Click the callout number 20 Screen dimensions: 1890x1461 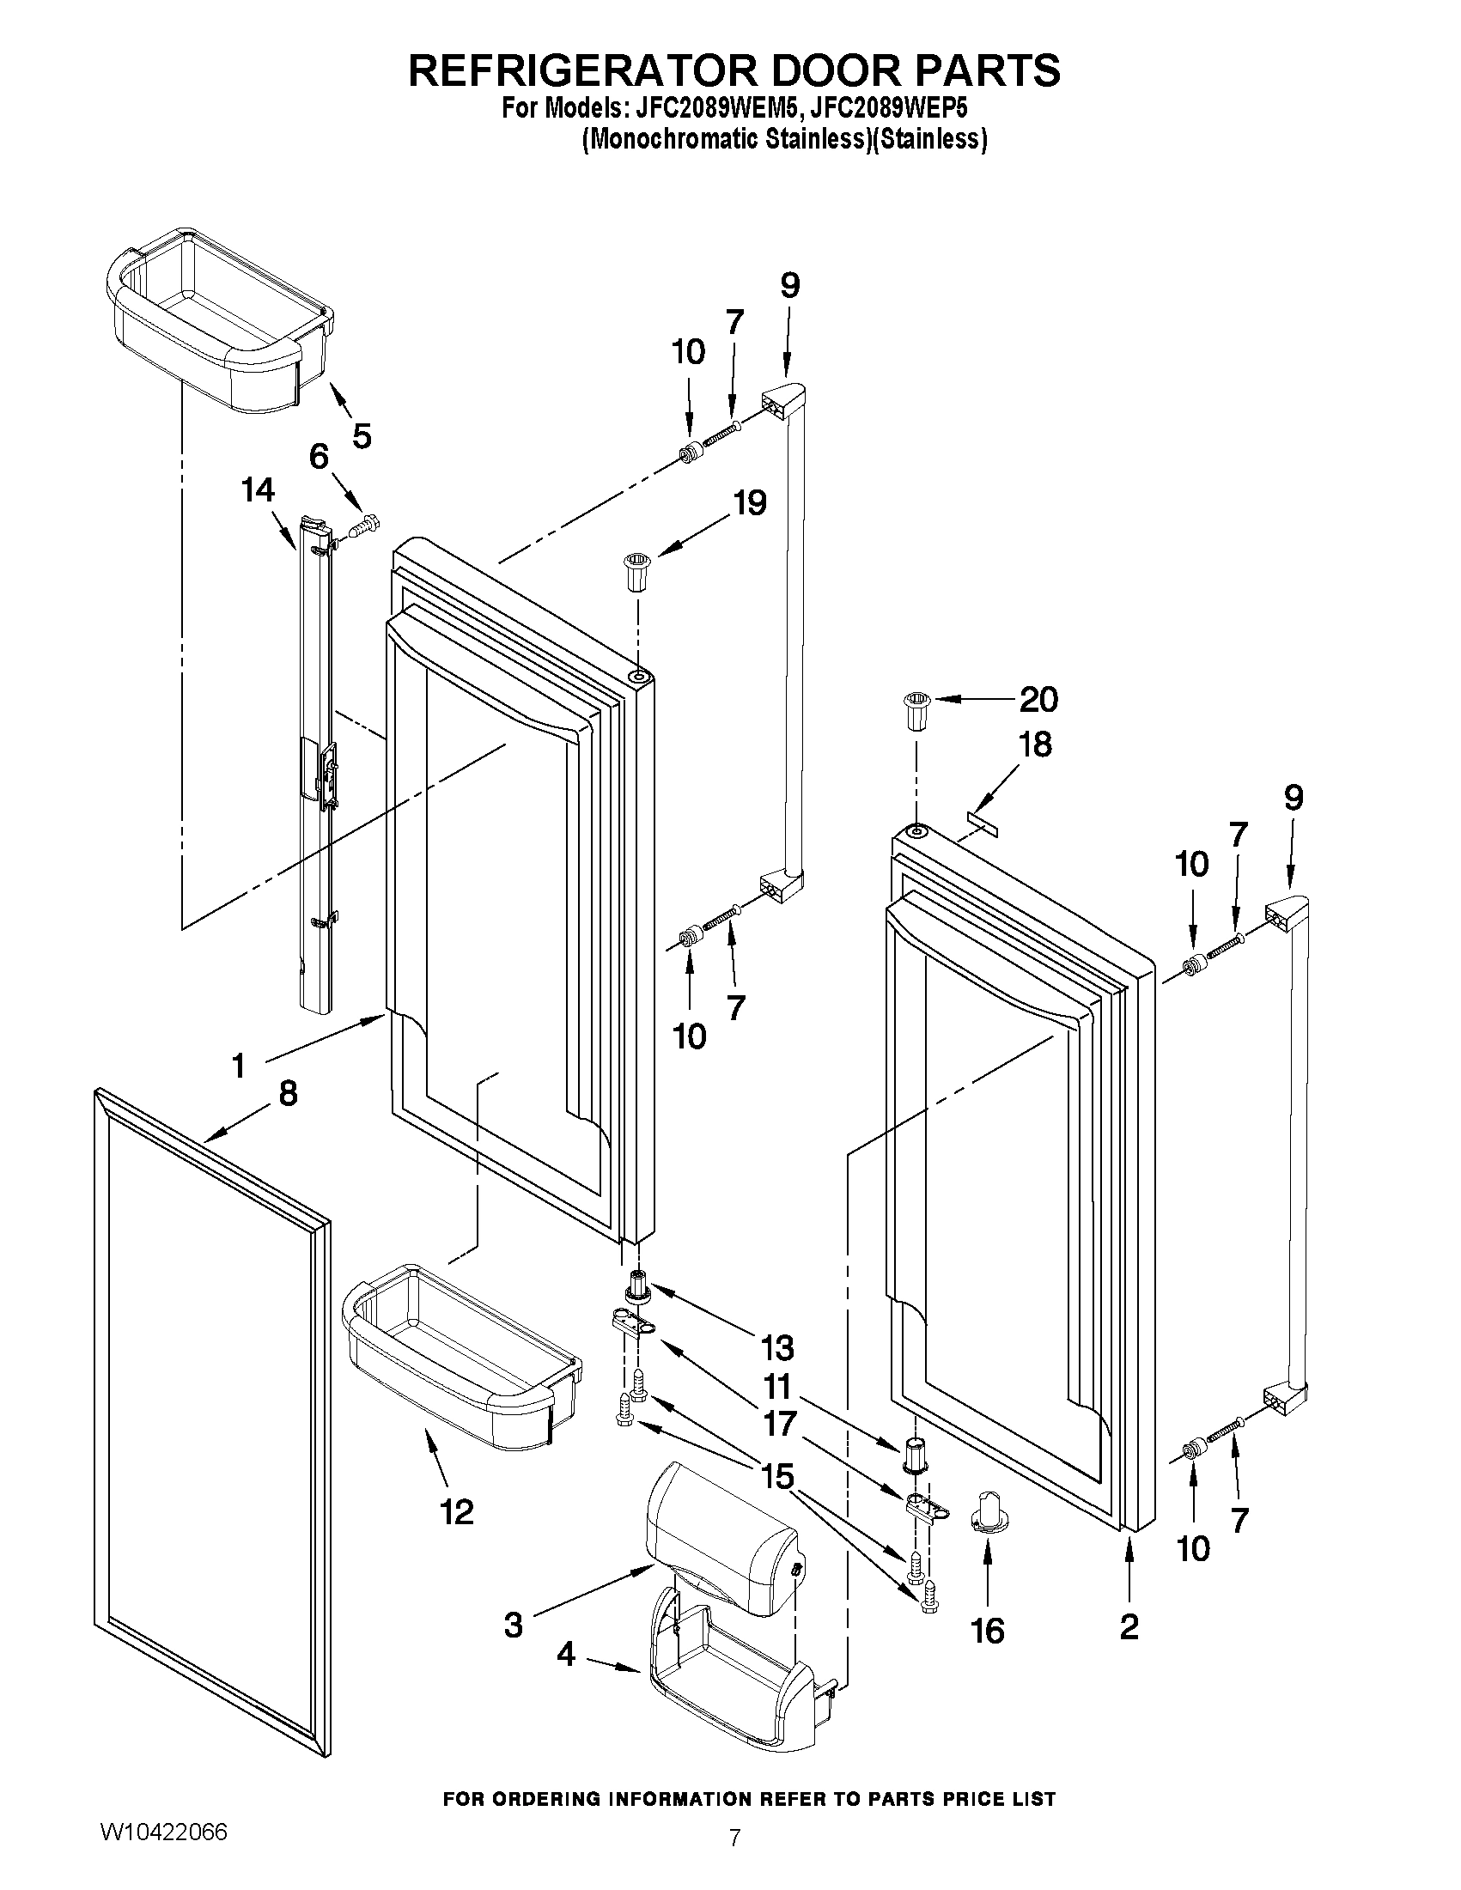[1038, 699]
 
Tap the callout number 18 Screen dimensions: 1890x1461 [1034, 744]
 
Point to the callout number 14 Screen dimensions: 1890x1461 [259, 490]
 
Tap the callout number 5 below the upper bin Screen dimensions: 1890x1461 [361, 435]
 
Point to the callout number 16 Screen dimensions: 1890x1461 [987, 1632]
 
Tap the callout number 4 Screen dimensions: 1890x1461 [565, 1656]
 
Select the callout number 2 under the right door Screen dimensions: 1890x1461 [1129, 1627]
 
